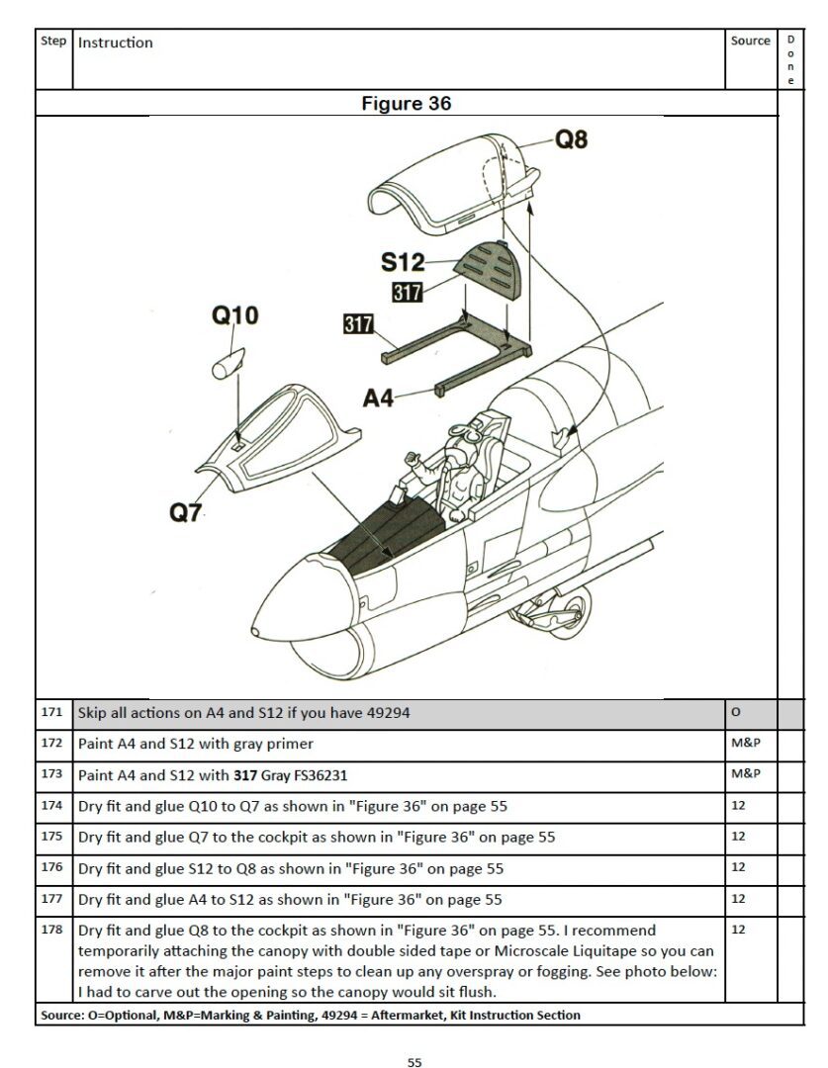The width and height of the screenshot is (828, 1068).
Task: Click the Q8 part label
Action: tap(571, 140)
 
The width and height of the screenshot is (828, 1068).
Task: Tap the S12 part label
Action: tap(402, 262)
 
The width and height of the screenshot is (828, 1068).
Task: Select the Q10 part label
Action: tap(234, 315)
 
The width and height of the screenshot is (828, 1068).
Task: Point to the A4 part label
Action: tap(378, 398)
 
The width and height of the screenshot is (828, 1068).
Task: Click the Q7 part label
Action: tap(186, 512)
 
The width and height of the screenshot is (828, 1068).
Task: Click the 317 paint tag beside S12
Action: tap(407, 292)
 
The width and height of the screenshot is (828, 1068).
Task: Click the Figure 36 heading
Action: tap(407, 104)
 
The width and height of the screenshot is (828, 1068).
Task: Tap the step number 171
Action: tap(52, 712)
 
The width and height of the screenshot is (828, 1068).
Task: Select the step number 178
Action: tap(52, 930)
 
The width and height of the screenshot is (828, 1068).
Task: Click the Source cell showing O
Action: tap(735, 712)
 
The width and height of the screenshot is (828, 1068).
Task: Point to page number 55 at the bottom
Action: tap(414, 1062)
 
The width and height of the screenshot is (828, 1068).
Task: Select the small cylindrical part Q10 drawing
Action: tap(229, 360)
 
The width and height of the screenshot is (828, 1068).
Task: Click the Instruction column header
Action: tap(116, 43)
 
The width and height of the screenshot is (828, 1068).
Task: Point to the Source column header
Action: tap(750, 41)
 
